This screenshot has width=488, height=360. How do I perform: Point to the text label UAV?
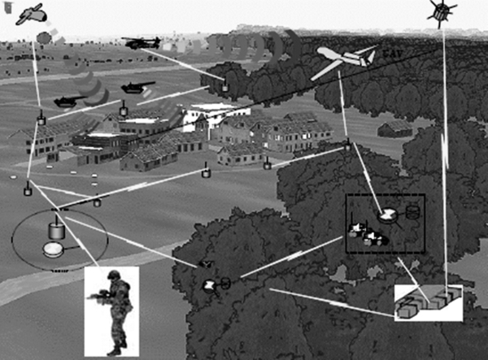pyautogui.click(x=390, y=57)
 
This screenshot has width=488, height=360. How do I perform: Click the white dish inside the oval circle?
pyautogui.click(x=54, y=249)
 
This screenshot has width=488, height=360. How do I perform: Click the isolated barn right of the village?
pyautogui.click(x=394, y=128)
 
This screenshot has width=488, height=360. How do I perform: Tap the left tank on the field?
pyautogui.click(x=67, y=101)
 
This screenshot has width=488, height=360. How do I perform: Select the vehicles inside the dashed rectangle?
pyautogui.click(x=365, y=235)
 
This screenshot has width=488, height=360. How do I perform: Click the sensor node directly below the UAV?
pyautogui.click(x=347, y=147)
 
